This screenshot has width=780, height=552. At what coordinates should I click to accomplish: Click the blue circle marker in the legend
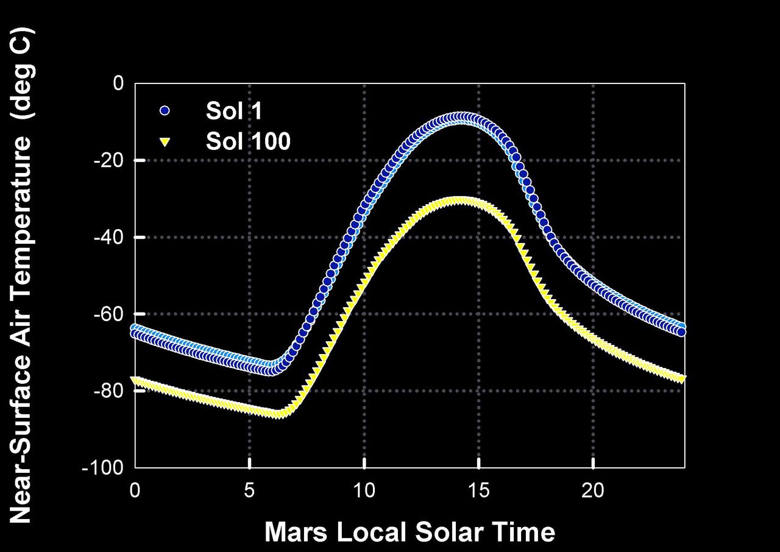coord(165,111)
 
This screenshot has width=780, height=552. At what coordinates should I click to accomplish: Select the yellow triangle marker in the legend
coord(165,142)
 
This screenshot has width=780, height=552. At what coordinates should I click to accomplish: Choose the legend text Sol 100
coord(248,141)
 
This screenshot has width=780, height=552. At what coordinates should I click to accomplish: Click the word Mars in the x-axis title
coord(297,531)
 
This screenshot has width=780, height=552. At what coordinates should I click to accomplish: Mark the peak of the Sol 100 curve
coord(461,200)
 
